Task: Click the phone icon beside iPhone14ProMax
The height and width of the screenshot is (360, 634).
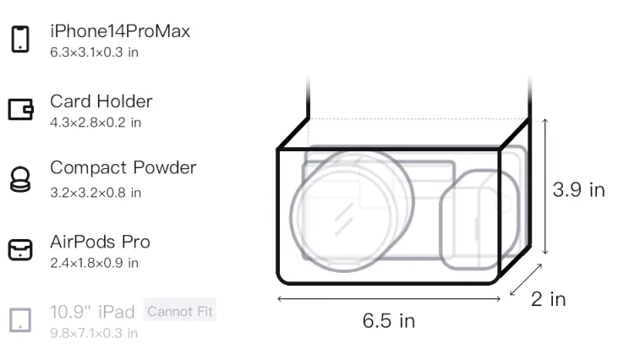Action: [20, 39]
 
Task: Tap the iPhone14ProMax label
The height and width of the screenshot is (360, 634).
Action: [120, 31]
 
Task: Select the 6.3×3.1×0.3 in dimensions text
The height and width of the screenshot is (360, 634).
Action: [94, 52]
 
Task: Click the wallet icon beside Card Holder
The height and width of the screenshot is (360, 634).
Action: [20, 109]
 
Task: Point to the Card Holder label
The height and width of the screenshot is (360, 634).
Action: [101, 101]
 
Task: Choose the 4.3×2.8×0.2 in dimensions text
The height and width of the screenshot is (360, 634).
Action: [96, 123]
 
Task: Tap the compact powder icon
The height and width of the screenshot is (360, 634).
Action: [20, 179]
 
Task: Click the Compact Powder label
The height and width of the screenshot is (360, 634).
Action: [123, 167]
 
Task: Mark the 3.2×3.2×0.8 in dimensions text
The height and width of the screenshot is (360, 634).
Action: [96, 193]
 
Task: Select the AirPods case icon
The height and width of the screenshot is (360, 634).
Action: [20, 249]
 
